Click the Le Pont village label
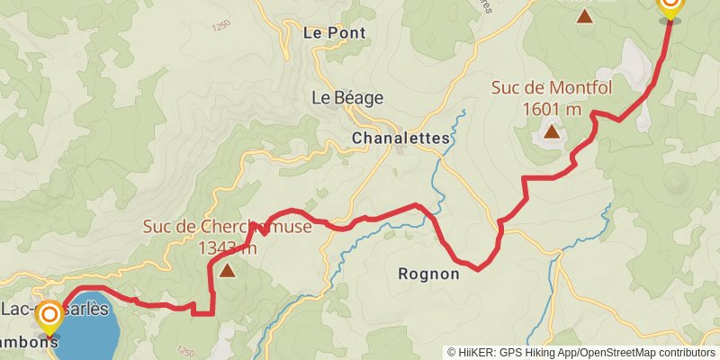(335, 33)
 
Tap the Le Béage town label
(347, 98)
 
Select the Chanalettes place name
(388, 139)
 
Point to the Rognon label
(428, 274)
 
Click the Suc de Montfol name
(550, 89)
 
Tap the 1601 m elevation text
(551, 109)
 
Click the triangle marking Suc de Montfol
(551, 132)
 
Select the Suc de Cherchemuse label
(227, 227)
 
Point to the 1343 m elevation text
(227, 247)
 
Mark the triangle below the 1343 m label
(227, 270)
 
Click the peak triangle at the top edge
(585, 15)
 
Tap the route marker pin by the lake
(49, 316)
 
